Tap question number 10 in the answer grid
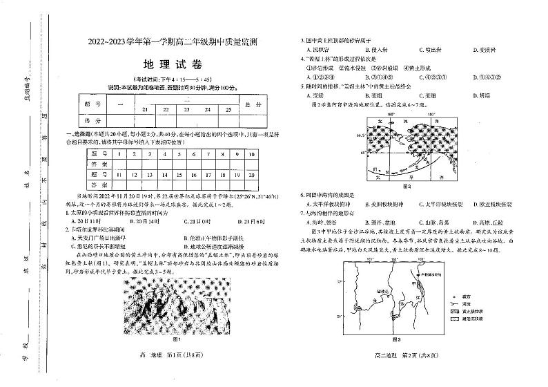pyautogui.click(x=253, y=154)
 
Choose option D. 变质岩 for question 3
pyautogui.click(x=487, y=50)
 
